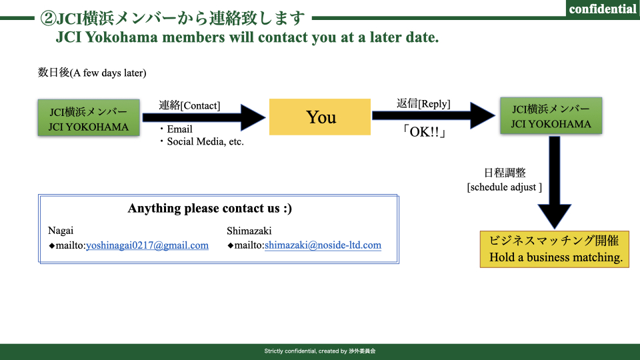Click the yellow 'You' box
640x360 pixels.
320,117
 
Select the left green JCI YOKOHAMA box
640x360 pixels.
89,117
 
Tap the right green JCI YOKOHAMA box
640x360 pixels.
551,115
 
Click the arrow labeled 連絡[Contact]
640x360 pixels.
204,117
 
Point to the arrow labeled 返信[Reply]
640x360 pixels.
433,115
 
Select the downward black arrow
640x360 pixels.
554,183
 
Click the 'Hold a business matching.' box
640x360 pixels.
554,249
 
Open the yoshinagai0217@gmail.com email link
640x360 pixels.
147,245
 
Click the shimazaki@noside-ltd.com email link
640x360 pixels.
323,245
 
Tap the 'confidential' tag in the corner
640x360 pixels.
603,9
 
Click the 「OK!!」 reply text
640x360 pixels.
424,132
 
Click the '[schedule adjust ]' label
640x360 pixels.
505,187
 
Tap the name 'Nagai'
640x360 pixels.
61,231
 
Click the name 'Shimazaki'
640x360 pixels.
249,231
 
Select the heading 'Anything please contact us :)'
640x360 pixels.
210,208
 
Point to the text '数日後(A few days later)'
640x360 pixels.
92,73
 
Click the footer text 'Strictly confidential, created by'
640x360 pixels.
306,351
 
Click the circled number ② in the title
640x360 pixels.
48,19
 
